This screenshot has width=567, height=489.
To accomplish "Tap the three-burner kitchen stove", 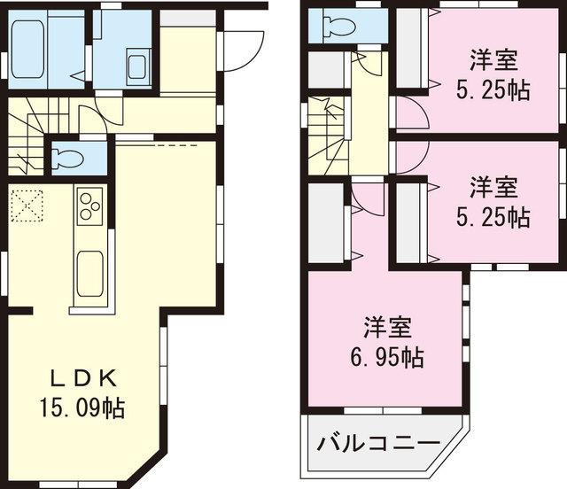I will pos(90,207).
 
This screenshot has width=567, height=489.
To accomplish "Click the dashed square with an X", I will pos(27,206).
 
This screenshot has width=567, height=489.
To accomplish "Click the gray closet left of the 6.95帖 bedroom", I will pos(326,221).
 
